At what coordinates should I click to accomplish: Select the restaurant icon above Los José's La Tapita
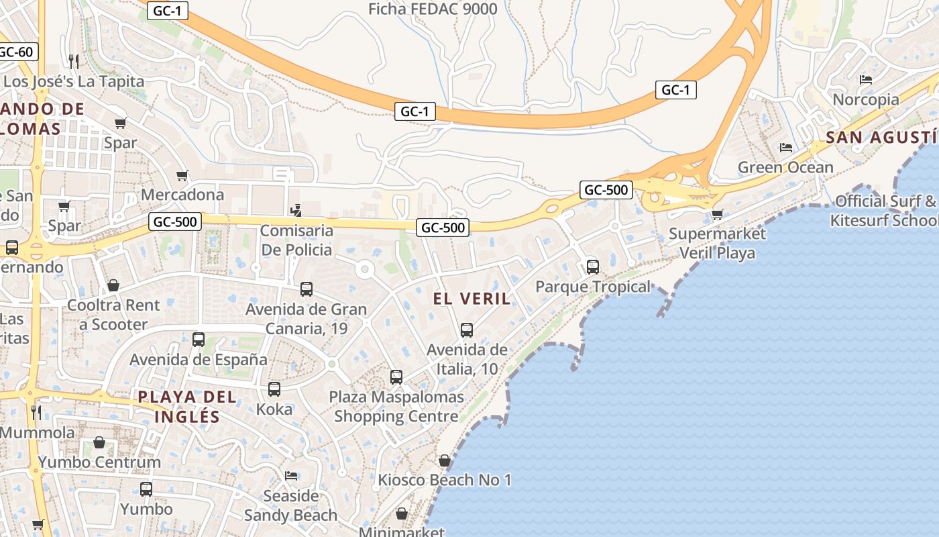[74, 62]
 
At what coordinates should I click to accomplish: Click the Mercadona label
[182, 195]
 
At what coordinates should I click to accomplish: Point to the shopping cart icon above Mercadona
[182, 176]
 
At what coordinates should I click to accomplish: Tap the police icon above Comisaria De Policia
[296, 211]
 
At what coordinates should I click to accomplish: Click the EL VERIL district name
[472, 299]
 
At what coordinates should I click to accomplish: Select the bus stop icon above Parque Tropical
[593, 267]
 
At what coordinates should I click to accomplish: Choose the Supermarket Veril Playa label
[717, 243]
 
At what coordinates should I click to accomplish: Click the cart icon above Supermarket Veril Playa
[717, 215]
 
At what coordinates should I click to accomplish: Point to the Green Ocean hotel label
[785, 167]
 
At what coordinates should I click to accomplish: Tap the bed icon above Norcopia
[866, 80]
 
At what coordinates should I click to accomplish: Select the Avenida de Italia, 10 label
[467, 359]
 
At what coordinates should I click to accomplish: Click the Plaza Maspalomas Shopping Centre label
[396, 406]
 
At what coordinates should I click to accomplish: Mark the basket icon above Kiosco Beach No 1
[444, 461]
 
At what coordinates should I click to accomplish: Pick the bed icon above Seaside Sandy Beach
[291, 476]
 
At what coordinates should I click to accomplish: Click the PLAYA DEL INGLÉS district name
[187, 406]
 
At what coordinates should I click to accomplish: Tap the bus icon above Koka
[274, 389]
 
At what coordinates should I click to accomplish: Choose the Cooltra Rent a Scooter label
[113, 315]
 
